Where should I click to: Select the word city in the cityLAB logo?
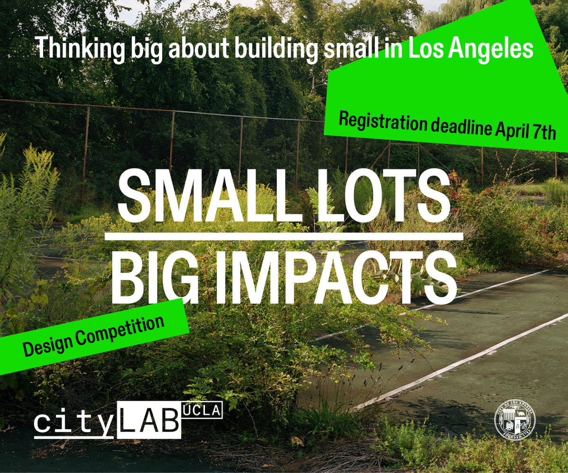click(x=73, y=422)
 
